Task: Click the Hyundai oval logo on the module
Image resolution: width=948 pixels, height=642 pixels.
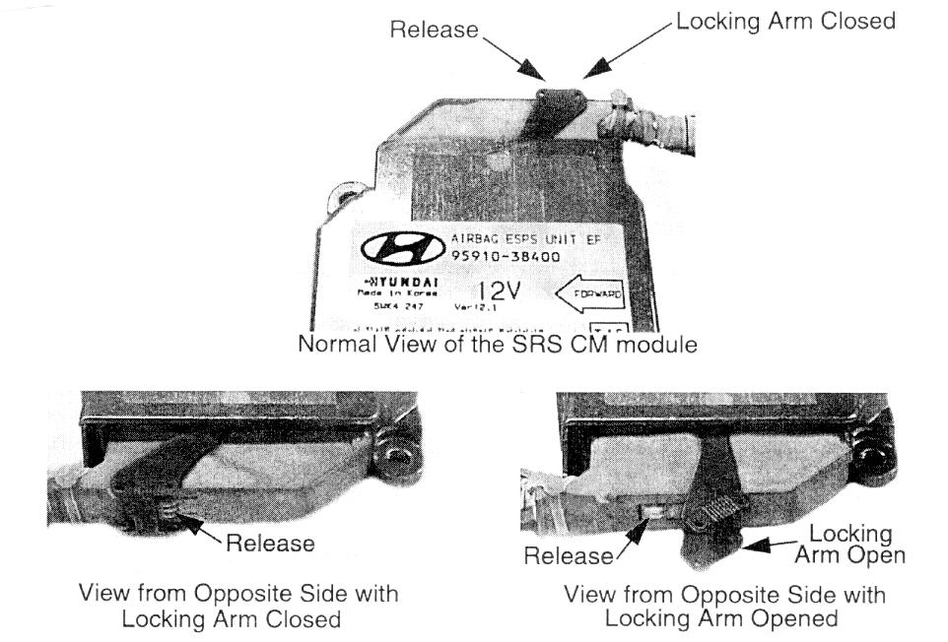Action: [x=403, y=252]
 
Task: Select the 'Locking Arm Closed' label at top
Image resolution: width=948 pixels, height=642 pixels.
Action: [x=785, y=21]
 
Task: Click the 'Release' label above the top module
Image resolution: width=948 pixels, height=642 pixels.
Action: [x=434, y=30]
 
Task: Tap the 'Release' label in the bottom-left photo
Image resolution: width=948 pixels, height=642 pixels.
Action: [x=270, y=543]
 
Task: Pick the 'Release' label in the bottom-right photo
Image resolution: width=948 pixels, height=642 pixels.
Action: [x=568, y=556]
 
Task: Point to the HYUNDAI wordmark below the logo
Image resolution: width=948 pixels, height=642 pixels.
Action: [x=401, y=284]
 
